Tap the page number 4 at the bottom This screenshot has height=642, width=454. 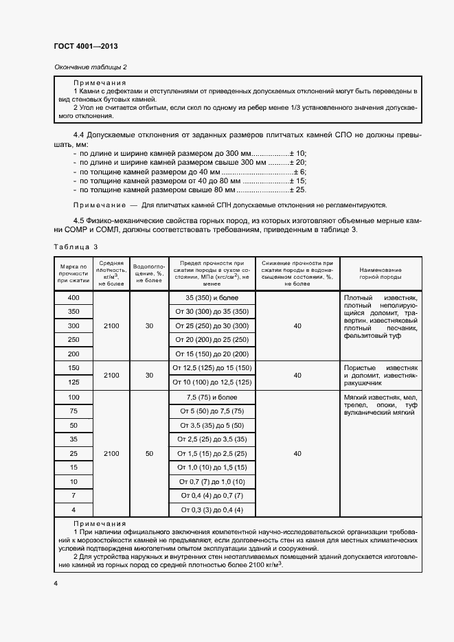coord(56,582)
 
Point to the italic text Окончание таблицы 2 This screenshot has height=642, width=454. coord(90,67)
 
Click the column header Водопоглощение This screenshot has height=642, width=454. coord(149,273)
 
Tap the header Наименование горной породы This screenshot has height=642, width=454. coord(380,273)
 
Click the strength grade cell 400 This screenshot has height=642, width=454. coord(74,297)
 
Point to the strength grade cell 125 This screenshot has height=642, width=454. coord(74,382)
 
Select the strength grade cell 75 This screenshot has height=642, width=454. coord(74,411)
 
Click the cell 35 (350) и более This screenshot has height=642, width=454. coord(212,297)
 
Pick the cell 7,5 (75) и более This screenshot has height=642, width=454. coord(212,397)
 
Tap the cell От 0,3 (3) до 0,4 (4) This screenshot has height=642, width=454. coord(212,510)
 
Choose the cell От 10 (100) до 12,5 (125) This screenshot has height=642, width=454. coord(212,382)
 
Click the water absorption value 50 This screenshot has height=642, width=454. coord(149,454)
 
